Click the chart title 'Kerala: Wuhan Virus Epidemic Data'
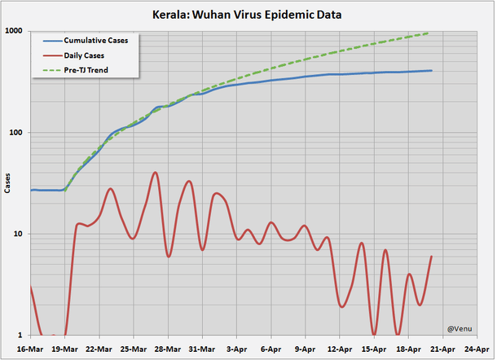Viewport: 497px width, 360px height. pos(248,14)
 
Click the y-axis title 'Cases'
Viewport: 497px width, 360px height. pos(7,183)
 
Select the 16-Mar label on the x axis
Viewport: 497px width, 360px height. pos(30,349)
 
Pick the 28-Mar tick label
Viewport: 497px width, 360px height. pos(168,349)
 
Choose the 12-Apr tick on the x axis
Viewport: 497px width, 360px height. pos(340,349)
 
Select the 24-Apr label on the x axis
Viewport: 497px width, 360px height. pos(477,349)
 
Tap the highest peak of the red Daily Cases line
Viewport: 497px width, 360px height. pos(155,173)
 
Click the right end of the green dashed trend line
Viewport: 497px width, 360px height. pos(431,33)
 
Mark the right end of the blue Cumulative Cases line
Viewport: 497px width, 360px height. pos(432,71)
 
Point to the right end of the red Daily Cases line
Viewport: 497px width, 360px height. pos(432,257)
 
